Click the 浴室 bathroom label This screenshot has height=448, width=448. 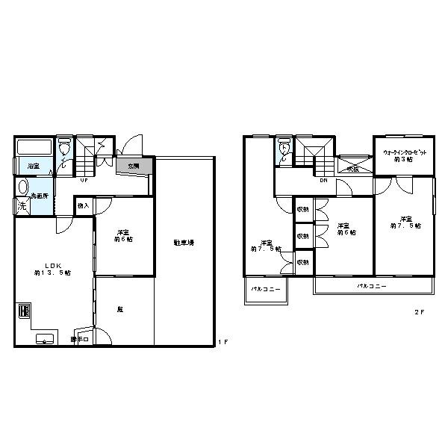(34, 166)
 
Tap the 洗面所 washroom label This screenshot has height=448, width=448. (40, 196)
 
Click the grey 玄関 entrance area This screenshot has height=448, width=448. (133, 166)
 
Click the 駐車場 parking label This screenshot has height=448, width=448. (184, 243)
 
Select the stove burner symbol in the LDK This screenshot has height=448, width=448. (22, 311)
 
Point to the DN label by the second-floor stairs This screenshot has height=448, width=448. (323, 180)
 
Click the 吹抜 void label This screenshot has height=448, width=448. (352, 169)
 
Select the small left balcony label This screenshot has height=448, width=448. (265, 289)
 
